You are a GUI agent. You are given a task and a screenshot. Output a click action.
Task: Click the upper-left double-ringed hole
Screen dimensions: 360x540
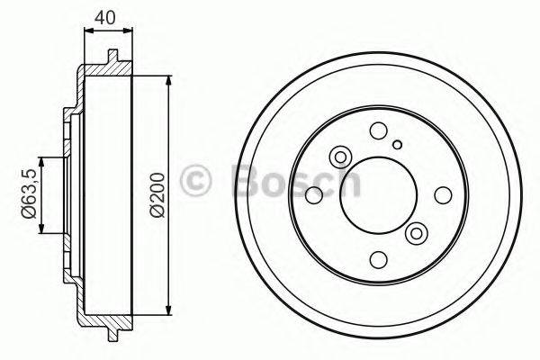pyautogui.click(x=340, y=157)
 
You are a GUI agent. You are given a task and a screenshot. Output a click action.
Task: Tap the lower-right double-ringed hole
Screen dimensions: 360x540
pyautogui.click(x=416, y=234)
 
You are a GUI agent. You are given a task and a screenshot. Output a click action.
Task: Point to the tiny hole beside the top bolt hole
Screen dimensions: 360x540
pyautogui.click(x=396, y=142)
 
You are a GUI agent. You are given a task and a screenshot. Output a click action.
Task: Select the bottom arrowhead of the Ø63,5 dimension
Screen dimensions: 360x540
pyautogui.click(x=40, y=229)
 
